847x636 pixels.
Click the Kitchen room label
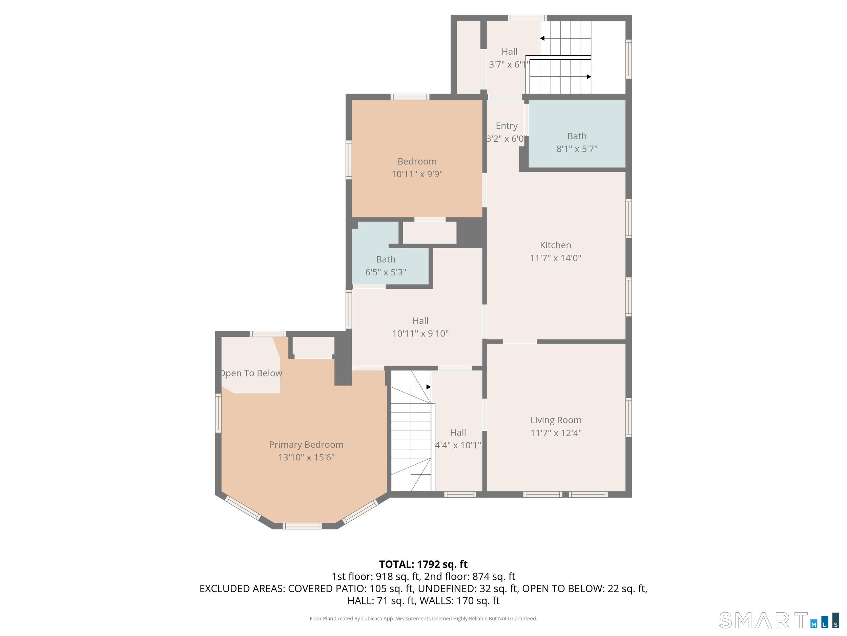[x=555, y=245]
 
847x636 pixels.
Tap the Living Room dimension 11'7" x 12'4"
[x=556, y=433]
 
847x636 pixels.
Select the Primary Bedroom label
[x=306, y=444]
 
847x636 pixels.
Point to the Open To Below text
[x=251, y=373]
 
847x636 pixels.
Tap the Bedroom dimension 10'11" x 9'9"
[x=417, y=174]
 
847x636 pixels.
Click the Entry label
[x=506, y=126]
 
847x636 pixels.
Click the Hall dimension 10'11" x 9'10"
[x=420, y=333]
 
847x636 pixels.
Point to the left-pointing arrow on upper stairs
[x=542, y=38]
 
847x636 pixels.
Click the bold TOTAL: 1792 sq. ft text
[x=423, y=564]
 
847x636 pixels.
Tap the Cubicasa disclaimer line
[x=423, y=618]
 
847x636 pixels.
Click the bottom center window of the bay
[x=302, y=526]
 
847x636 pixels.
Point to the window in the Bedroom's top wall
[x=410, y=97]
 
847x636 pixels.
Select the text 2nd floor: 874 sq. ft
[x=470, y=577]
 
